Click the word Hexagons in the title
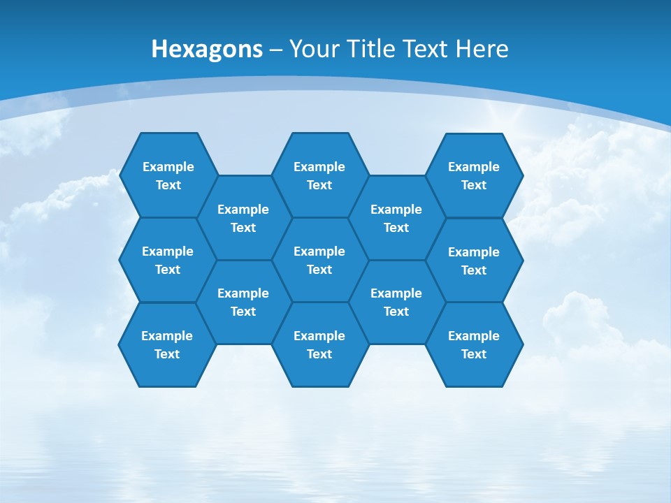[207, 49]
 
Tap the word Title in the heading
[371, 49]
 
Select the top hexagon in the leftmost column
[168, 175]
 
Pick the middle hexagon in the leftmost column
[168, 260]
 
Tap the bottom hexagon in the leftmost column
[167, 344]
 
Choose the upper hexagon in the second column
[243, 218]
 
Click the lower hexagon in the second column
[243, 302]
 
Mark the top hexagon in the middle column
[319, 175]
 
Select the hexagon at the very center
[319, 260]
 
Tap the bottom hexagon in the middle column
[319, 344]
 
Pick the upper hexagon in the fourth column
[396, 218]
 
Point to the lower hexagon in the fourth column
[396, 302]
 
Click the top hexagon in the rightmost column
[474, 175]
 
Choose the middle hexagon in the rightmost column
[474, 261]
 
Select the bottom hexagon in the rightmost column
[474, 344]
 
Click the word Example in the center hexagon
[319, 251]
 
